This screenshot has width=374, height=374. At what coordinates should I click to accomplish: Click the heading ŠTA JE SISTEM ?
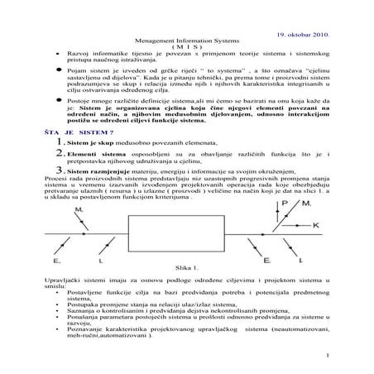[x=60, y=132]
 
